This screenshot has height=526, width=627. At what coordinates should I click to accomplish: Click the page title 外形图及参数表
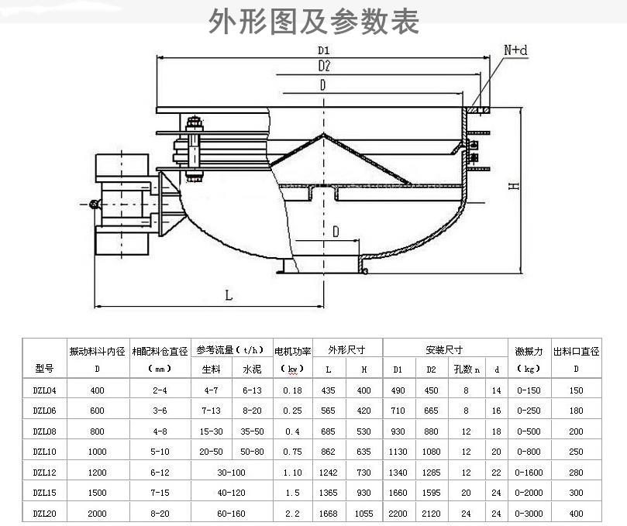click(x=313, y=21)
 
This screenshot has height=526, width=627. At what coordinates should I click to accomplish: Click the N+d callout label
click(x=515, y=50)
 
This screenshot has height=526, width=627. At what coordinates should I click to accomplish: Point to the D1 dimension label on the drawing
click(x=323, y=50)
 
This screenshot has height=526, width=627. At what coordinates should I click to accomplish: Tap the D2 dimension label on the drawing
click(x=324, y=66)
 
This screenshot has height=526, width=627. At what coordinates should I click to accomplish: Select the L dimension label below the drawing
click(x=229, y=295)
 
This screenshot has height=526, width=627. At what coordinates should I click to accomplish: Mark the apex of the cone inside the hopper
click(x=323, y=135)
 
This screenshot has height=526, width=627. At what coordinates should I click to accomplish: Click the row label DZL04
click(x=44, y=390)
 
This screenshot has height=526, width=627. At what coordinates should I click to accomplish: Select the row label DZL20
click(x=44, y=514)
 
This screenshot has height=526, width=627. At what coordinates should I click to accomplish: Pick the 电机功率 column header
click(x=292, y=352)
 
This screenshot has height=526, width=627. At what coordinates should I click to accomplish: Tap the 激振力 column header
click(x=529, y=352)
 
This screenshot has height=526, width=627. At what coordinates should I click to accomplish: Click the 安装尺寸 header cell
click(x=444, y=350)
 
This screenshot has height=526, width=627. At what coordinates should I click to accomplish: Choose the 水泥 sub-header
click(x=252, y=370)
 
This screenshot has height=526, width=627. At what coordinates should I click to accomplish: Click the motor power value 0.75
click(x=292, y=452)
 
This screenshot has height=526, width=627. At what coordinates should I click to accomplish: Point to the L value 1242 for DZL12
click(x=328, y=473)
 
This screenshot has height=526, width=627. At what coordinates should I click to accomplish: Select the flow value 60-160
click(x=231, y=514)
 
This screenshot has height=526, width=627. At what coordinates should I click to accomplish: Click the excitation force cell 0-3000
click(x=529, y=514)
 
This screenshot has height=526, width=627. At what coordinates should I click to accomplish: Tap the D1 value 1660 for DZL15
click(x=398, y=493)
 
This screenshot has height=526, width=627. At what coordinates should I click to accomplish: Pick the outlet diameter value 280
click(x=576, y=473)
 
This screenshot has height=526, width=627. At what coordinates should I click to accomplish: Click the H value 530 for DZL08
click(x=363, y=431)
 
